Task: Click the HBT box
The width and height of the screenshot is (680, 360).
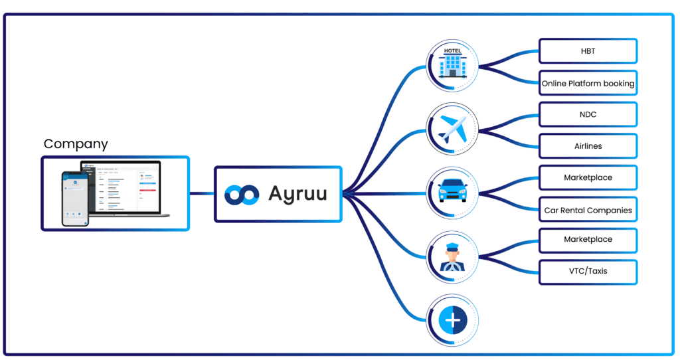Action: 588,51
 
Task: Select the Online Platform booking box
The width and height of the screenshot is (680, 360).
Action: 588,84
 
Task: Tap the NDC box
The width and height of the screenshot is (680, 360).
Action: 588,114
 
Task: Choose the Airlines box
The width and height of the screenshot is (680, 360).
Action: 588,146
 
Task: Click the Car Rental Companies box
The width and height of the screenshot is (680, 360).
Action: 588,211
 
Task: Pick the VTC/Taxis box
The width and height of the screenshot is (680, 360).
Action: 588,271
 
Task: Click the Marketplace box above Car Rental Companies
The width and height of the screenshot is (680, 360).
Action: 588,178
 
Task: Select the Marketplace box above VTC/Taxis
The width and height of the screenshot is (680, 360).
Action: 588,239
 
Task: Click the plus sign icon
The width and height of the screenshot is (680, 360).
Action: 452,321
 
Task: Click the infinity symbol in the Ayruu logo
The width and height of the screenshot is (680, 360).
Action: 242,194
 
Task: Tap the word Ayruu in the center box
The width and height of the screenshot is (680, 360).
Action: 297,194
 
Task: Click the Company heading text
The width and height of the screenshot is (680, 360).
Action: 75,144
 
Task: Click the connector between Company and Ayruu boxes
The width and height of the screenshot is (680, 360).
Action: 202,194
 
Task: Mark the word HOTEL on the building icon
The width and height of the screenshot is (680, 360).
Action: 452,50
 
